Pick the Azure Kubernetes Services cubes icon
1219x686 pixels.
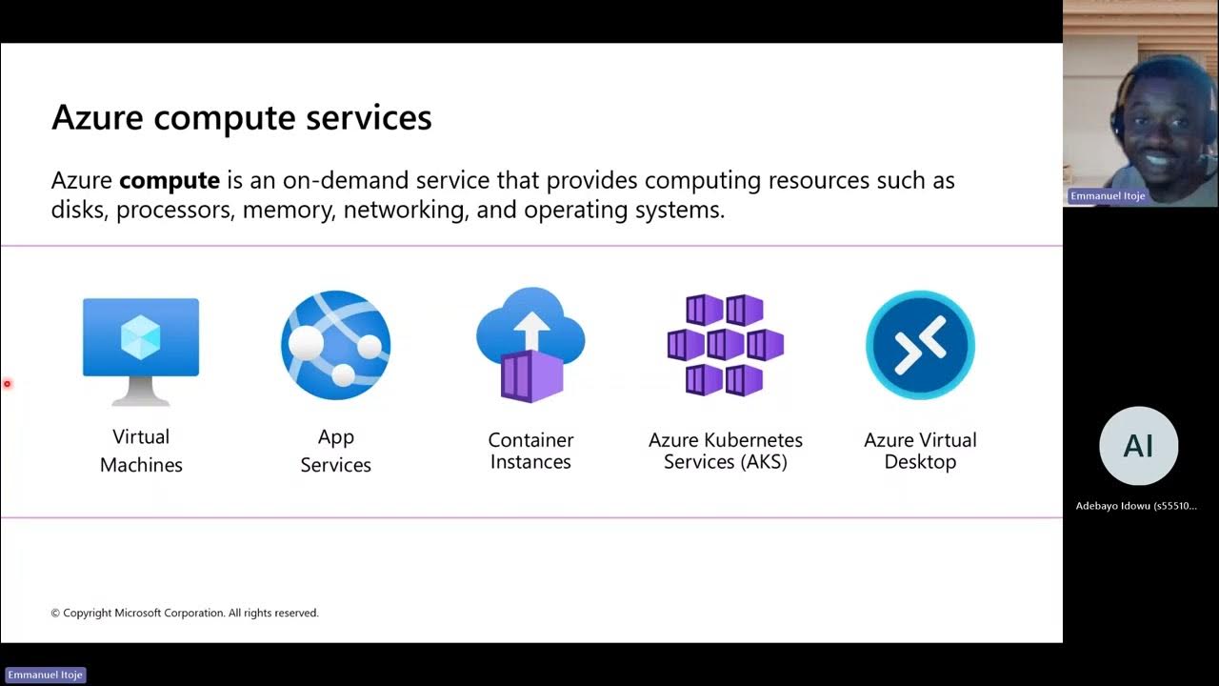click(x=725, y=345)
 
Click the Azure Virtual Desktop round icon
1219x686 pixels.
click(x=920, y=345)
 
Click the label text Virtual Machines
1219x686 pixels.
click(x=141, y=451)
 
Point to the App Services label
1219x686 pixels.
click(x=335, y=451)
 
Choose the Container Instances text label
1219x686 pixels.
click(x=530, y=451)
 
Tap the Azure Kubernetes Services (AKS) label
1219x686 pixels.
click(x=725, y=451)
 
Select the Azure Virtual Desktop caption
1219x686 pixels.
click(x=920, y=451)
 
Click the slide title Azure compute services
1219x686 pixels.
click(x=241, y=117)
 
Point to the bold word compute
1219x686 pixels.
click(x=170, y=180)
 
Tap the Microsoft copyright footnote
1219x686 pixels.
click(x=185, y=613)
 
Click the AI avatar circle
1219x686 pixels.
click(x=1138, y=445)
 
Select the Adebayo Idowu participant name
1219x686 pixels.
click(x=1136, y=506)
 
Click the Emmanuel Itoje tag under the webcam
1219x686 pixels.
click(x=1108, y=196)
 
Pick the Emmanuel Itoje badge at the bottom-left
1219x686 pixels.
click(x=46, y=675)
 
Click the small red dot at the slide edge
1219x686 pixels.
click(x=7, y=384)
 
